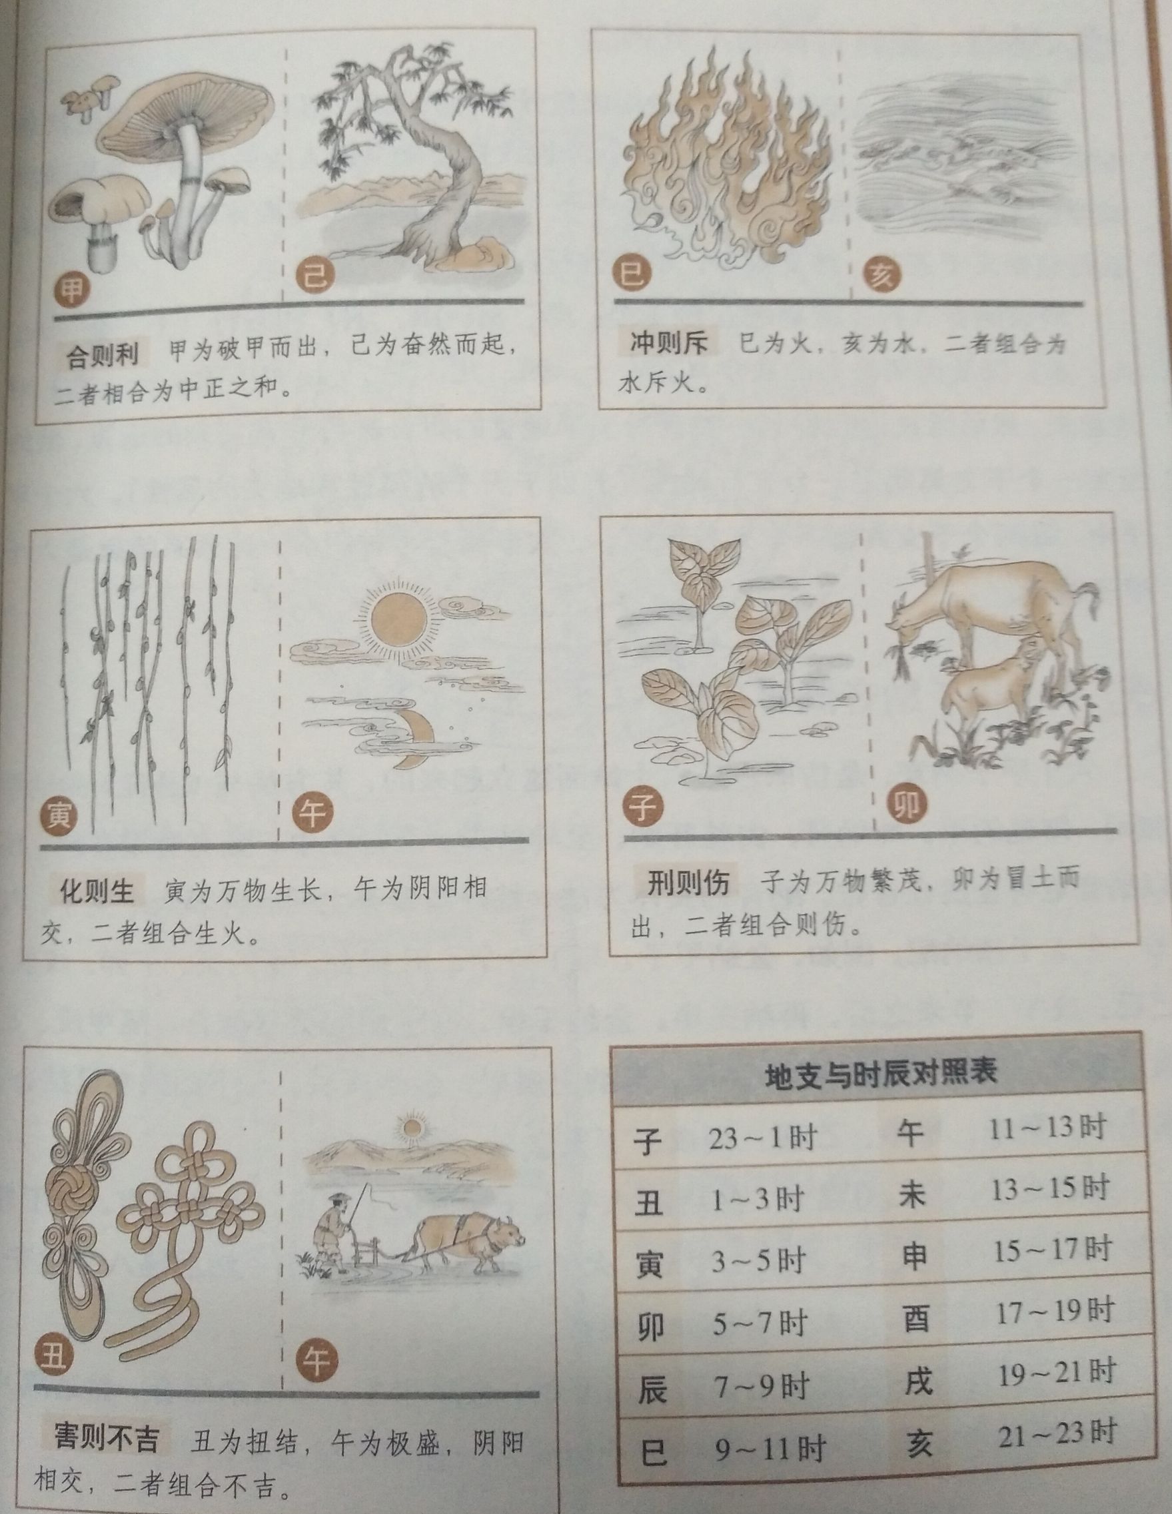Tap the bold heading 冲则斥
668,343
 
